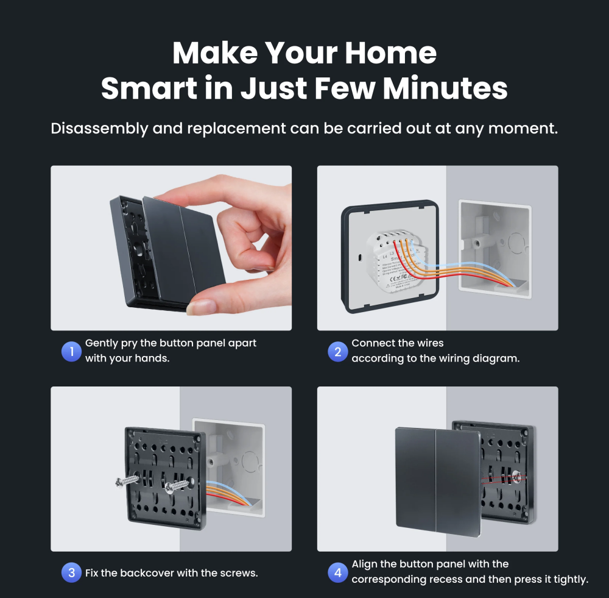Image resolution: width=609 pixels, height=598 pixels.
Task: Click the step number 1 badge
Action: coord(71,351)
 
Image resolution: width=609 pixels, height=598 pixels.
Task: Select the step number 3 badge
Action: coord(71,572)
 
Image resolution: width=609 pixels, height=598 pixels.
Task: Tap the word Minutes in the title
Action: coord(445,88)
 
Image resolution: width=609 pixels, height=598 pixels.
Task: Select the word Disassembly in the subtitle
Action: coord(99,129)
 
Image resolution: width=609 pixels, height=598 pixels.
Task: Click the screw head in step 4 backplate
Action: coord(518,476)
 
